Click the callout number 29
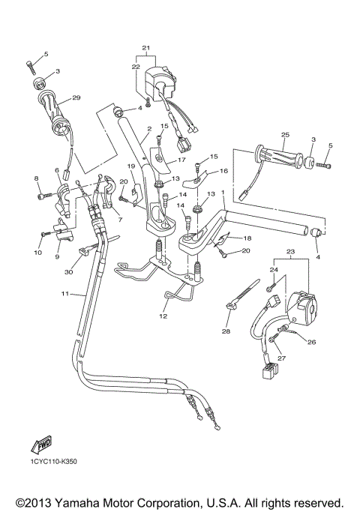[75, 98]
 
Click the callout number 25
[285, 136]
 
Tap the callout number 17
[181, 160]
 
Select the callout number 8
[36, 178]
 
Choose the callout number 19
[130, 166]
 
